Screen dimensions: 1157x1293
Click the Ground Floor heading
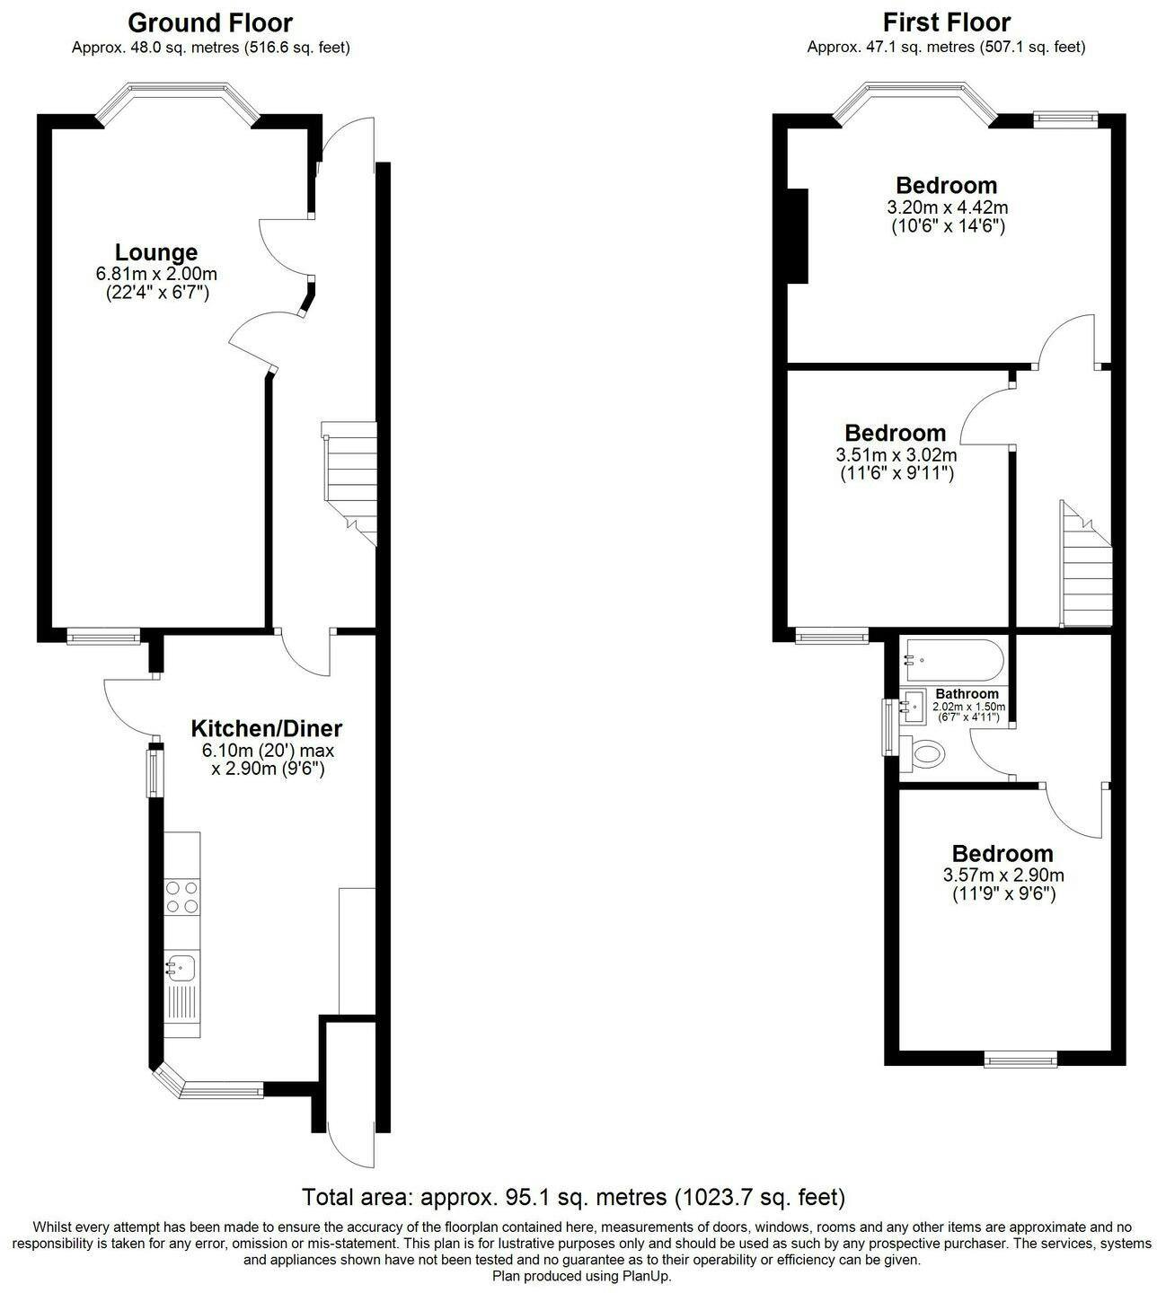coord(210,23)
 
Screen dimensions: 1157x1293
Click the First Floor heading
coord(946,23)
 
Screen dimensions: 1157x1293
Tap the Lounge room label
coord(156,252)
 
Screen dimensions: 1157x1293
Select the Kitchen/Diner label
coord(267,728)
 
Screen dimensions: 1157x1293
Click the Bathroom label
coord(967,694)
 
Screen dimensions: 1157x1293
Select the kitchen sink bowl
coord(180,967)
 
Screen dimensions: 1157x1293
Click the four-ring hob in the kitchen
coord(182,897)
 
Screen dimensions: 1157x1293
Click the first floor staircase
coord(1085,564)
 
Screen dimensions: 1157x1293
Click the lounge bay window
coord(178,102)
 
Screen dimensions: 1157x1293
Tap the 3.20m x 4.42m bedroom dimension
coord(948,207)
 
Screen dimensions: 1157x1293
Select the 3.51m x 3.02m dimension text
coord(896,455)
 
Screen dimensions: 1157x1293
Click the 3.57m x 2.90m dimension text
coord(1003,875)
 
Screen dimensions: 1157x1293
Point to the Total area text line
coord(573,1197)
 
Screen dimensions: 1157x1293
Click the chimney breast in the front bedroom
coord(799,236)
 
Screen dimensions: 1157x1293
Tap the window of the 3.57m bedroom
coord(1020,1060)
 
